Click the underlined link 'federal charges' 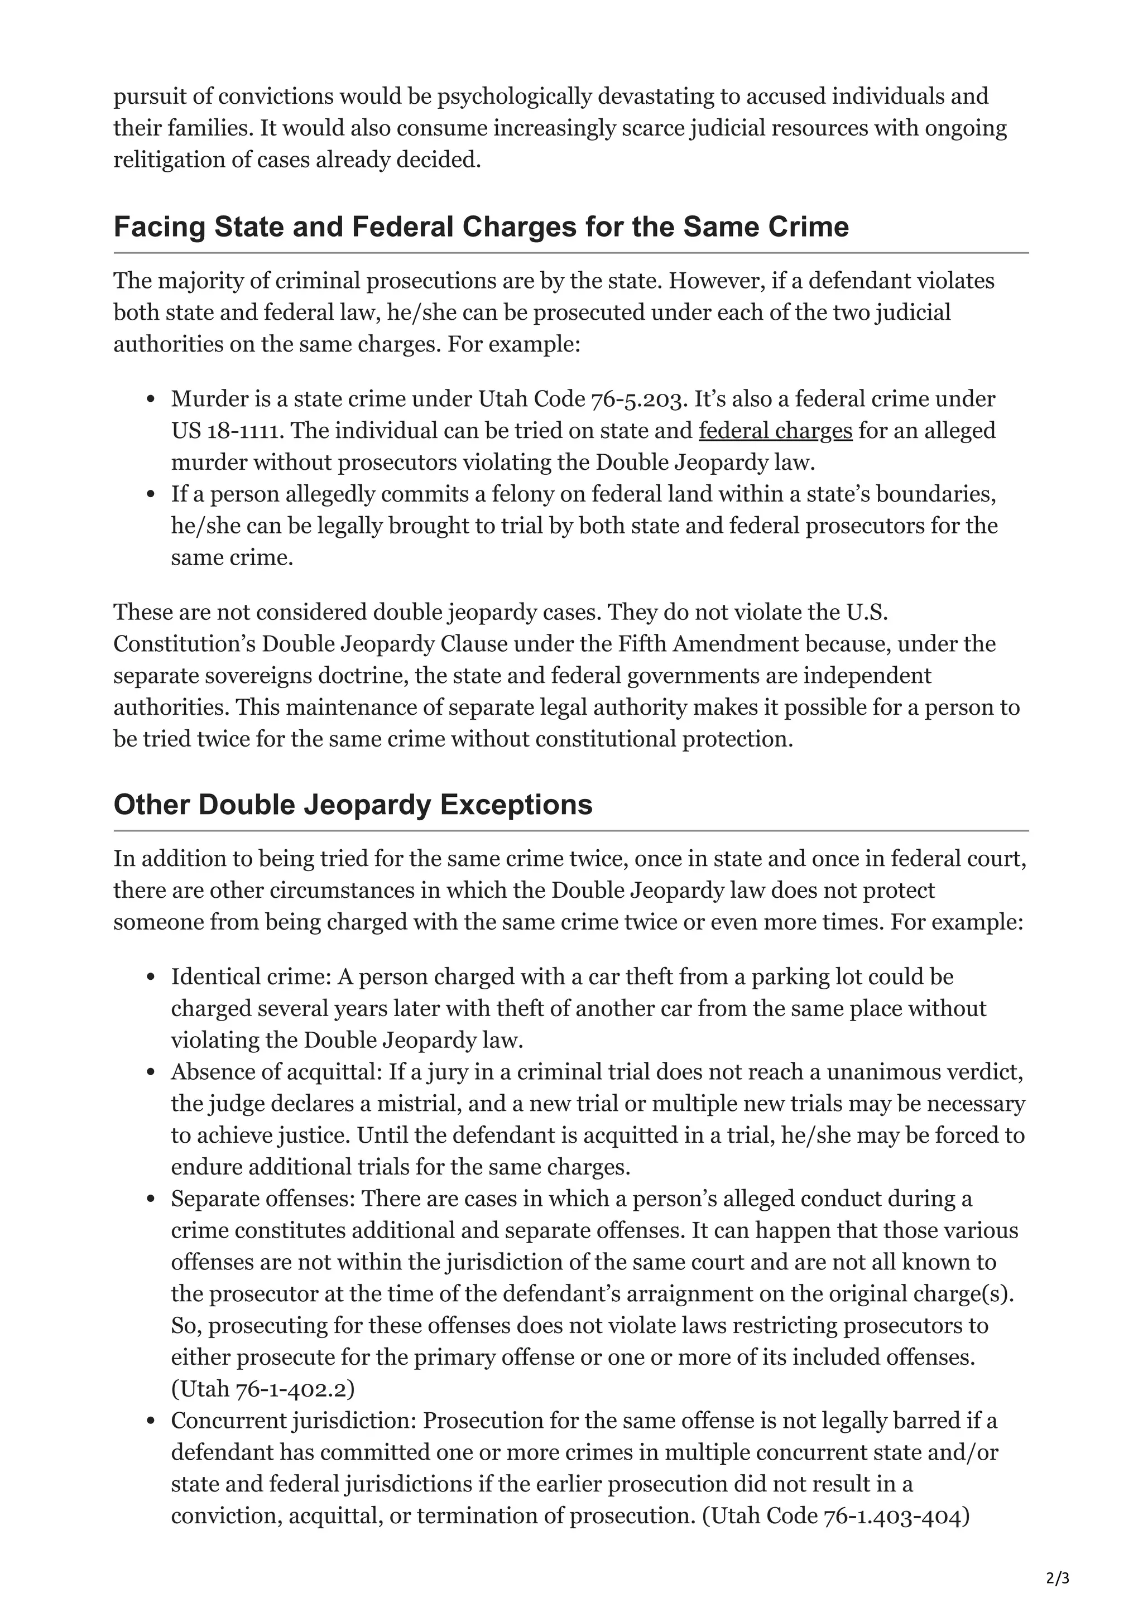tap(775, 430)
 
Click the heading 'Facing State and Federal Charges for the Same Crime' tap(481, 227)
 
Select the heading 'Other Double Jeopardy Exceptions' tap(353, 804)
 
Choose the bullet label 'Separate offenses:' tap(263, 1199)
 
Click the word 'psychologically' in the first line tap(513, 96)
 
